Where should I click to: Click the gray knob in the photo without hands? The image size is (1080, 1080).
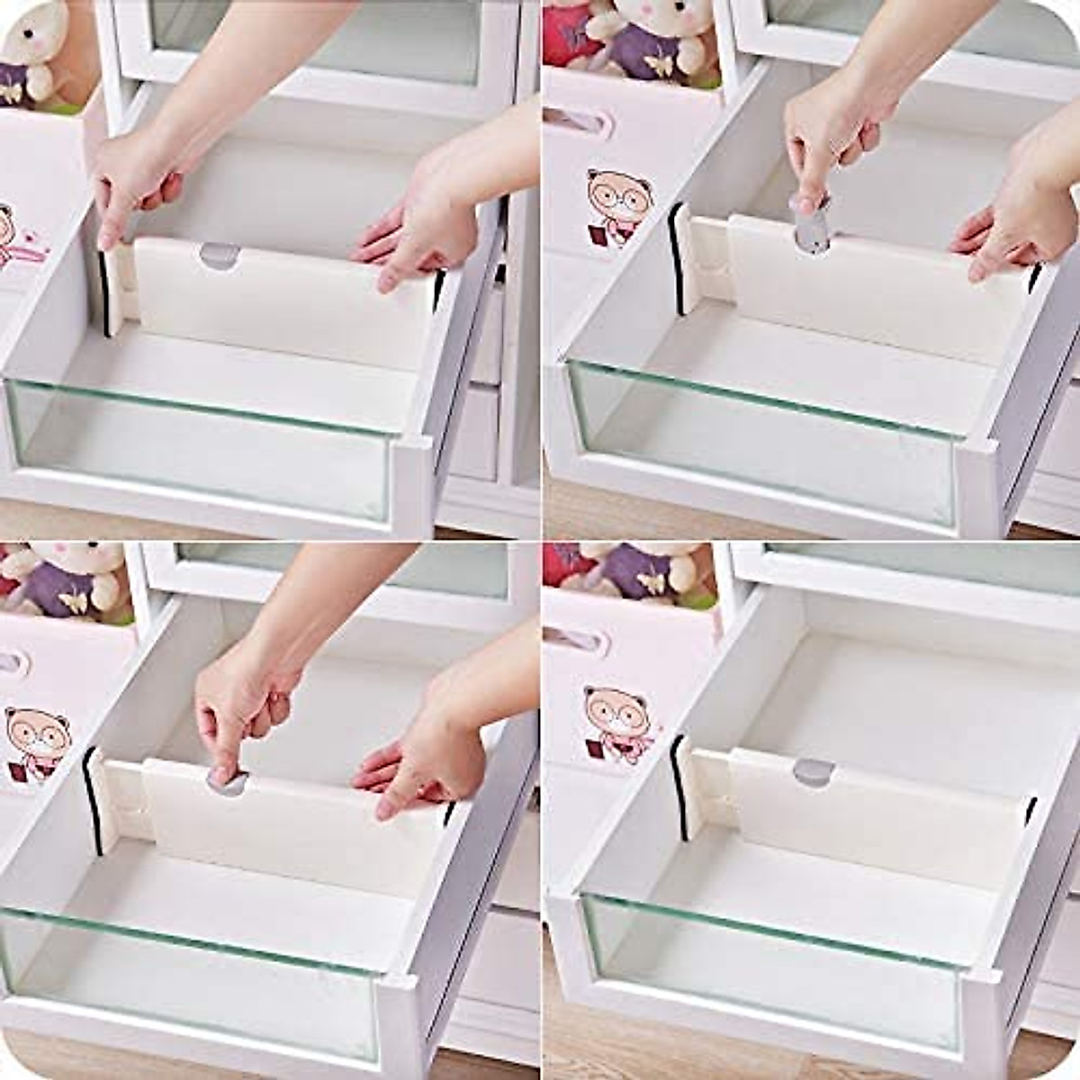point(814,771)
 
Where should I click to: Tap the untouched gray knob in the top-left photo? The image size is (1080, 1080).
point(220,256)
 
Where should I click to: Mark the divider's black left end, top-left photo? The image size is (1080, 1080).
point(105,292)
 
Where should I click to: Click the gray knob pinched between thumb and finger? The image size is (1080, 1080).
point(227,780)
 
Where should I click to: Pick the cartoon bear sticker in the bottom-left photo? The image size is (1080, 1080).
point(36,742)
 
